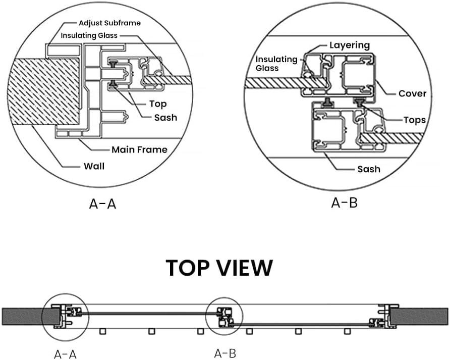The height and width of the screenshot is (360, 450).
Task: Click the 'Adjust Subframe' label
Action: coord(109,23)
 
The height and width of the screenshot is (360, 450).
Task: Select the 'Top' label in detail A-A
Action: coord(158,104)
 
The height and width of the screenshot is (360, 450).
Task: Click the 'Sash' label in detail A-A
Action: coord(165,117)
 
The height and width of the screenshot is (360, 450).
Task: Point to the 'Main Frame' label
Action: coord(139,149)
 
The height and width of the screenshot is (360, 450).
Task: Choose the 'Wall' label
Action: coord(94,165)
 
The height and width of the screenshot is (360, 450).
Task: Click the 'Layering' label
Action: coord(350,45)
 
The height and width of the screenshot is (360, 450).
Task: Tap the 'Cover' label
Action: coord(412,93)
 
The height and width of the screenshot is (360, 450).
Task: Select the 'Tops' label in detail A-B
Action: coord(414,120)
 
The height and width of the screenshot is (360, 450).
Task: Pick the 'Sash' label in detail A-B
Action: coord(368,169)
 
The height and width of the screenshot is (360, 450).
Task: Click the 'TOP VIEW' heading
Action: coord(219,268)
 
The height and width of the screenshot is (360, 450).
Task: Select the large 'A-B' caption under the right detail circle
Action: coord(344,203)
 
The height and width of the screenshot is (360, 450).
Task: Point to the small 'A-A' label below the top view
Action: coord(66,354)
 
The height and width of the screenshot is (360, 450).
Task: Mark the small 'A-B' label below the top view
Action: coord(225,353)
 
